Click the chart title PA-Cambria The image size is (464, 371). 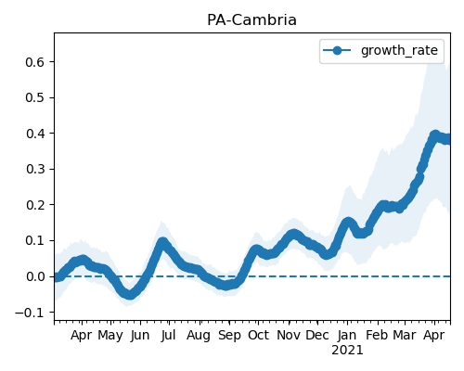click(x=251, y=20)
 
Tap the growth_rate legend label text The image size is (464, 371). click(x=399, y=50)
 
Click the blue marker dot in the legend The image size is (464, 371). click(x=337, y=50)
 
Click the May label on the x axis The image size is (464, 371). click(x=110, y=336)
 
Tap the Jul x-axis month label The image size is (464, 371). click(x=168, y=335)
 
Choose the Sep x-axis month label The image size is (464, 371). click(x=229, y=336)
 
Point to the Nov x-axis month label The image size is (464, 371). click(x=289, y=335)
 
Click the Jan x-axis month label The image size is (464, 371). click(x=347, y=335)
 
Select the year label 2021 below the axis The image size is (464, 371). click(x=347, y=351)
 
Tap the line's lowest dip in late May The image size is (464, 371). click(x=130, y=294)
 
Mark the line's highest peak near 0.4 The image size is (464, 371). click(x=434, y=135)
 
